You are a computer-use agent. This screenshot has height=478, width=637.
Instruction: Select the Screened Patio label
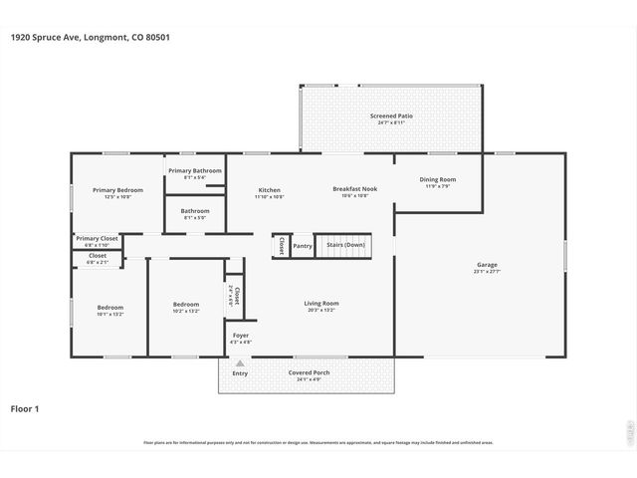[x=391, y=117]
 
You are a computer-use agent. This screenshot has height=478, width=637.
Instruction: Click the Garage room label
[x=487, y=265]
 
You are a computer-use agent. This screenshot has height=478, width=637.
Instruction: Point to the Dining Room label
[x=438, y=179]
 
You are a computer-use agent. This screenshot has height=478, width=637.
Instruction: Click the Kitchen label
[x=269, y=190]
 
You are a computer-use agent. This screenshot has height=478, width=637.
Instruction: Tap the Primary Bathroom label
[x=195, y=170]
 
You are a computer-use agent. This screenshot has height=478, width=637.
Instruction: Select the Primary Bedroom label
[x=117, y=190]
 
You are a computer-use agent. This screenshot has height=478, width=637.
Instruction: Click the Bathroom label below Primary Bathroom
[x=195, y=211]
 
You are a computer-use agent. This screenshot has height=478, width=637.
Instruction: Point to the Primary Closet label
[x=97, y=239]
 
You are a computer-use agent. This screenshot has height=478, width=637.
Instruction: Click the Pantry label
[x=303, y=246]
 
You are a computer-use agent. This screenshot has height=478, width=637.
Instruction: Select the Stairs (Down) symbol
[x=342, y=245]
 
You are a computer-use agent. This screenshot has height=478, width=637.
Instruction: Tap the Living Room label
[x=321, y=303]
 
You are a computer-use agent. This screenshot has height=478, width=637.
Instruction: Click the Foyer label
[x=241, y=336]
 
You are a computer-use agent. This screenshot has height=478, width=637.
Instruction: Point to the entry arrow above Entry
[x=240, y=365]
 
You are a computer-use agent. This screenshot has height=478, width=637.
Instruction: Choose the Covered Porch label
[x=309, y=373]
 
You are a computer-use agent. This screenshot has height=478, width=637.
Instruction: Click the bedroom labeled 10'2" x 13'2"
[x=186, y=305]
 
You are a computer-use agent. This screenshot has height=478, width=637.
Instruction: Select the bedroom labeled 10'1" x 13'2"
[x=109, y=308]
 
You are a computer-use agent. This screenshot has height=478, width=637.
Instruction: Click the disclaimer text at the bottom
[x=318, y=443]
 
